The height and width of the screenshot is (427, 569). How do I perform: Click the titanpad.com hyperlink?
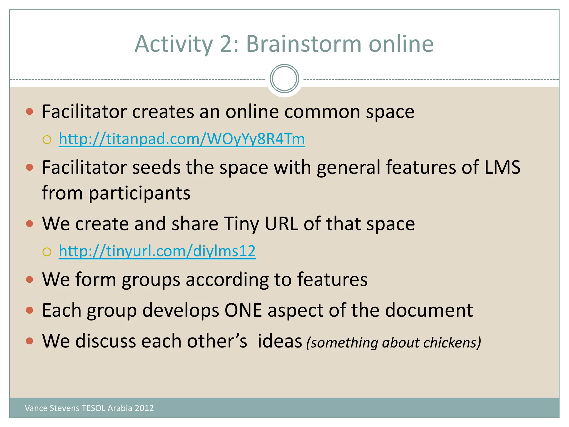pos(182,139)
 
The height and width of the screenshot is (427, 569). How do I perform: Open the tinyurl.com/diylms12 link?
pos(157,251)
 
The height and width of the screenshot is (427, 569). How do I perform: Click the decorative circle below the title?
pos(284,79)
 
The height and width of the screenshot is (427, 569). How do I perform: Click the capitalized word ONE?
pos(243,310)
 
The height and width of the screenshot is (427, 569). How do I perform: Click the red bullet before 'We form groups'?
pos(29,279)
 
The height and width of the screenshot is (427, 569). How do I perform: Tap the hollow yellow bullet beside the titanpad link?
pos(47,140)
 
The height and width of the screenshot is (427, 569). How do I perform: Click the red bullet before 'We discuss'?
pos(29,341)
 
